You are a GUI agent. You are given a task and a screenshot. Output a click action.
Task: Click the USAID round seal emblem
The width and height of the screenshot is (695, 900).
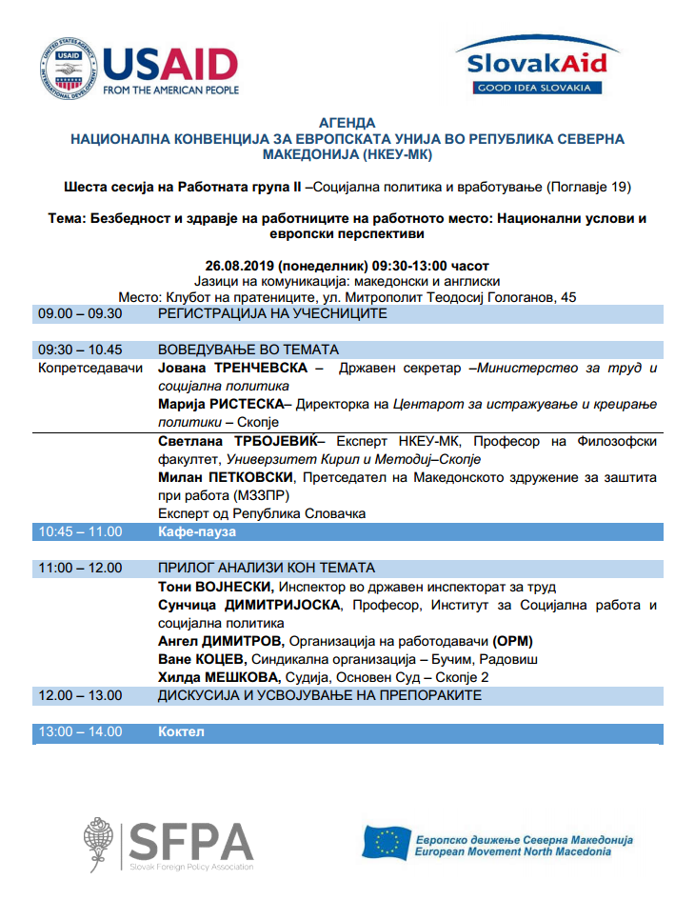coord(68,70)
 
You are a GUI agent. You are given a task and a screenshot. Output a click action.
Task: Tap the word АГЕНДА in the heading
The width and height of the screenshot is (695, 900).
coord(347,123)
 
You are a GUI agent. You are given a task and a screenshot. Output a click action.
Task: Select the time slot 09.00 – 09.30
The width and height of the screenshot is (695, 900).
coord(80,313)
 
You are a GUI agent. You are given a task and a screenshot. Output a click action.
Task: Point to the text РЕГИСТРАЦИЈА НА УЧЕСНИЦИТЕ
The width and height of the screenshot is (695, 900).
coord(272,313)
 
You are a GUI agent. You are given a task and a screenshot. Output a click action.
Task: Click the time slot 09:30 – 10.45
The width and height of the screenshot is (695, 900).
coord(82,350)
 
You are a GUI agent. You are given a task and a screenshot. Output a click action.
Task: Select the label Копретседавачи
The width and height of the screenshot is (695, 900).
coord(90,368)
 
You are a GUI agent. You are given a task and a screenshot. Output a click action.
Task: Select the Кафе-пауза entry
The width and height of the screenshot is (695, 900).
coord(196,531)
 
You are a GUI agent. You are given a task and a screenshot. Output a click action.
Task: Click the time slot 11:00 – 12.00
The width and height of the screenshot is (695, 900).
coord(80,568)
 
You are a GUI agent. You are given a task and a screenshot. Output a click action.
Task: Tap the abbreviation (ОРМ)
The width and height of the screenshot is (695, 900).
coord(517,640)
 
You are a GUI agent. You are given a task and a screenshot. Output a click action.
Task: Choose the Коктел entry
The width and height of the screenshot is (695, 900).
coord(181,731)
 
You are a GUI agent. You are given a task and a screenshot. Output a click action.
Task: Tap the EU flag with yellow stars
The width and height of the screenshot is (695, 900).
coord(387,842)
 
